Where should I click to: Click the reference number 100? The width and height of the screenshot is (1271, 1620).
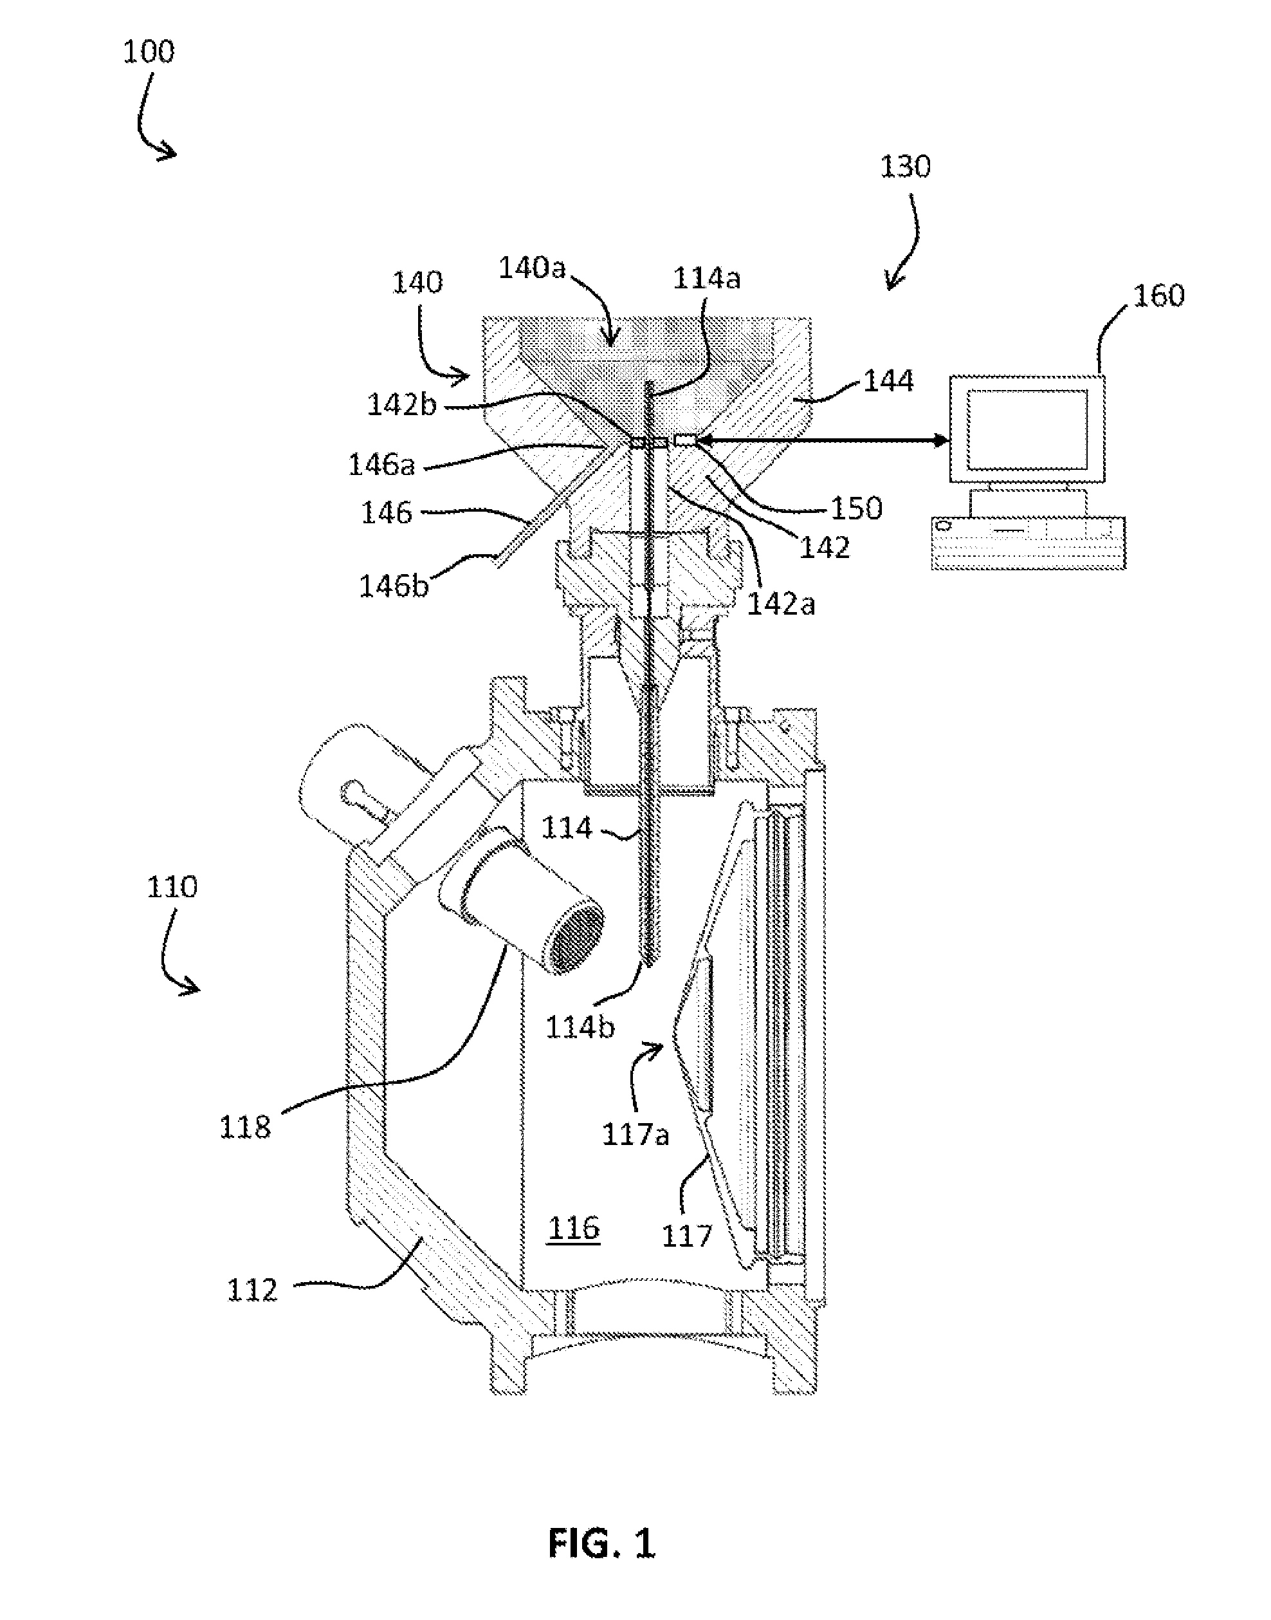tap(149, 52)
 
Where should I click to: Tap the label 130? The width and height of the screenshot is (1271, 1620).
tap(905, 167)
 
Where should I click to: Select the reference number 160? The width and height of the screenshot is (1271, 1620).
tap(1158, 295)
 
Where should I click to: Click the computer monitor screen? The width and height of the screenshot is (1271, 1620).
tap(1027, 429)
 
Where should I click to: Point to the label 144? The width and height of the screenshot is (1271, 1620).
tap(888, 381)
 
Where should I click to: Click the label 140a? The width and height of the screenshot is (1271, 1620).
tap(532, 268)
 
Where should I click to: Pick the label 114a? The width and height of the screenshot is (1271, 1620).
tap(707, 279)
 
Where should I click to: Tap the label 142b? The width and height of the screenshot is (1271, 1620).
tap(402, 404)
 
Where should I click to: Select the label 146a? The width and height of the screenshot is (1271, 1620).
tap(381, 465)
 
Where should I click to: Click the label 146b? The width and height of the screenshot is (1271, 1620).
tap(394, 586)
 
